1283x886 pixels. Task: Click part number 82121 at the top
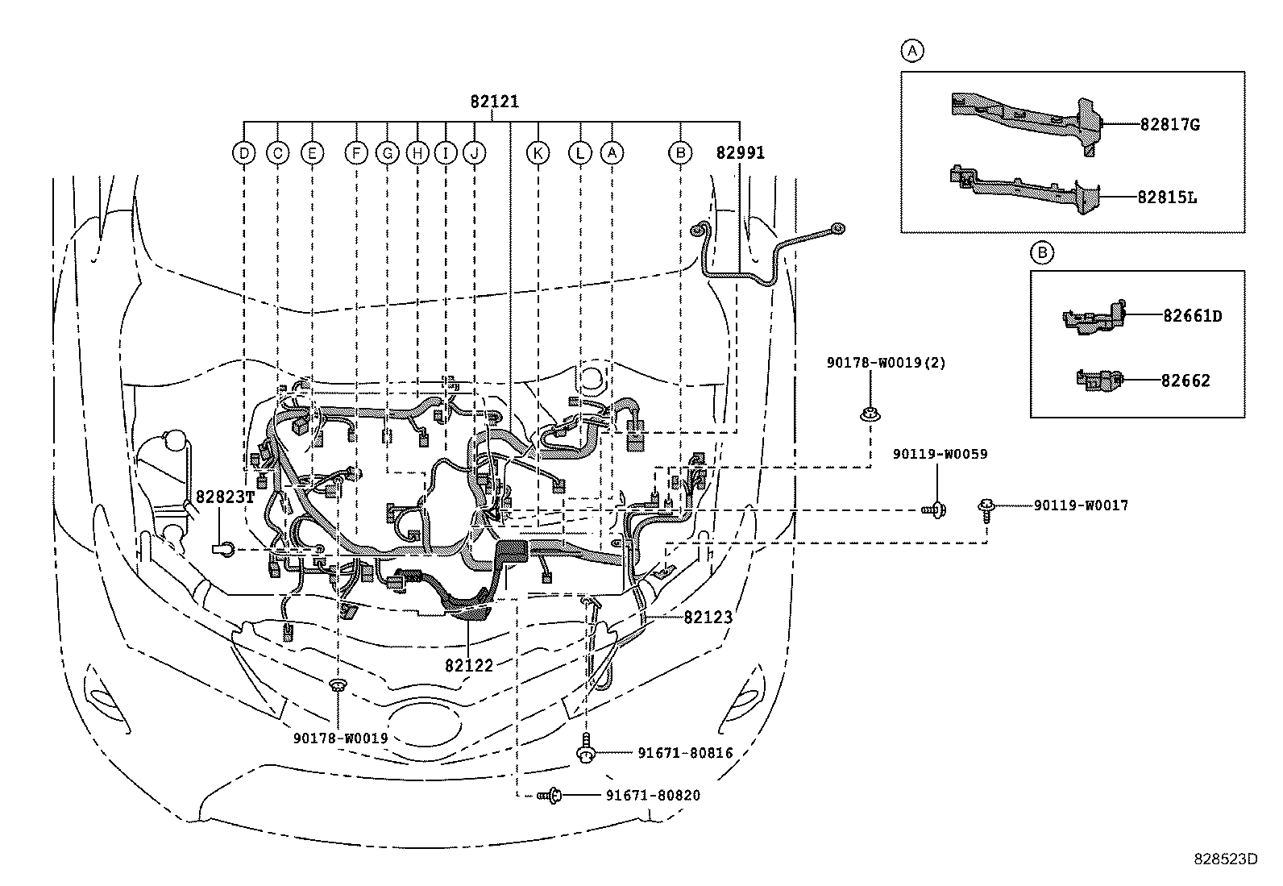[495, 102]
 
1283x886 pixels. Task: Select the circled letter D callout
[243, 152]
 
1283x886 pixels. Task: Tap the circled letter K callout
[538, 152]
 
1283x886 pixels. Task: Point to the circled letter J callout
[475, 152]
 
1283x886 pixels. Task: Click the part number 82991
[740, 152]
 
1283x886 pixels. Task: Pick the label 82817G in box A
[1169, 125]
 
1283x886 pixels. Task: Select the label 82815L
[1167, 197]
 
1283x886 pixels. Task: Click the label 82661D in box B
[1191, 316]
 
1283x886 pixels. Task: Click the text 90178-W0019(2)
[886, 364]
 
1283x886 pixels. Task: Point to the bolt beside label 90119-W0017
[986, 506]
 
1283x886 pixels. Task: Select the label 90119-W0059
[940, 455]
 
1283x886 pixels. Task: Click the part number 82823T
[225, 497]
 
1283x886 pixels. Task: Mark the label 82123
[708, 618]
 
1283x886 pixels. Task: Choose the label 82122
[469, 665]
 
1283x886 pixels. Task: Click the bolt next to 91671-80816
[588, 753]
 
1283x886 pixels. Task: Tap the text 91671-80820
[652, 796]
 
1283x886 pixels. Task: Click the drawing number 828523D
[1225, 859]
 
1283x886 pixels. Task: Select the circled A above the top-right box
[911, 52]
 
